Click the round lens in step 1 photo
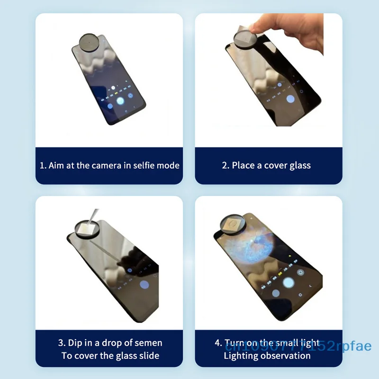pos(90,42)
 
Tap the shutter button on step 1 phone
pos(120,100)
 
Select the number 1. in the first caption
pos(43,165)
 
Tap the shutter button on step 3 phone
pos(145,285)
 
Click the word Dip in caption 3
pos(74,343)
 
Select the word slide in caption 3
pos(149,355)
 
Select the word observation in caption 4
pos(286,355)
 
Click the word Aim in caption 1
pos(57,165)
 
